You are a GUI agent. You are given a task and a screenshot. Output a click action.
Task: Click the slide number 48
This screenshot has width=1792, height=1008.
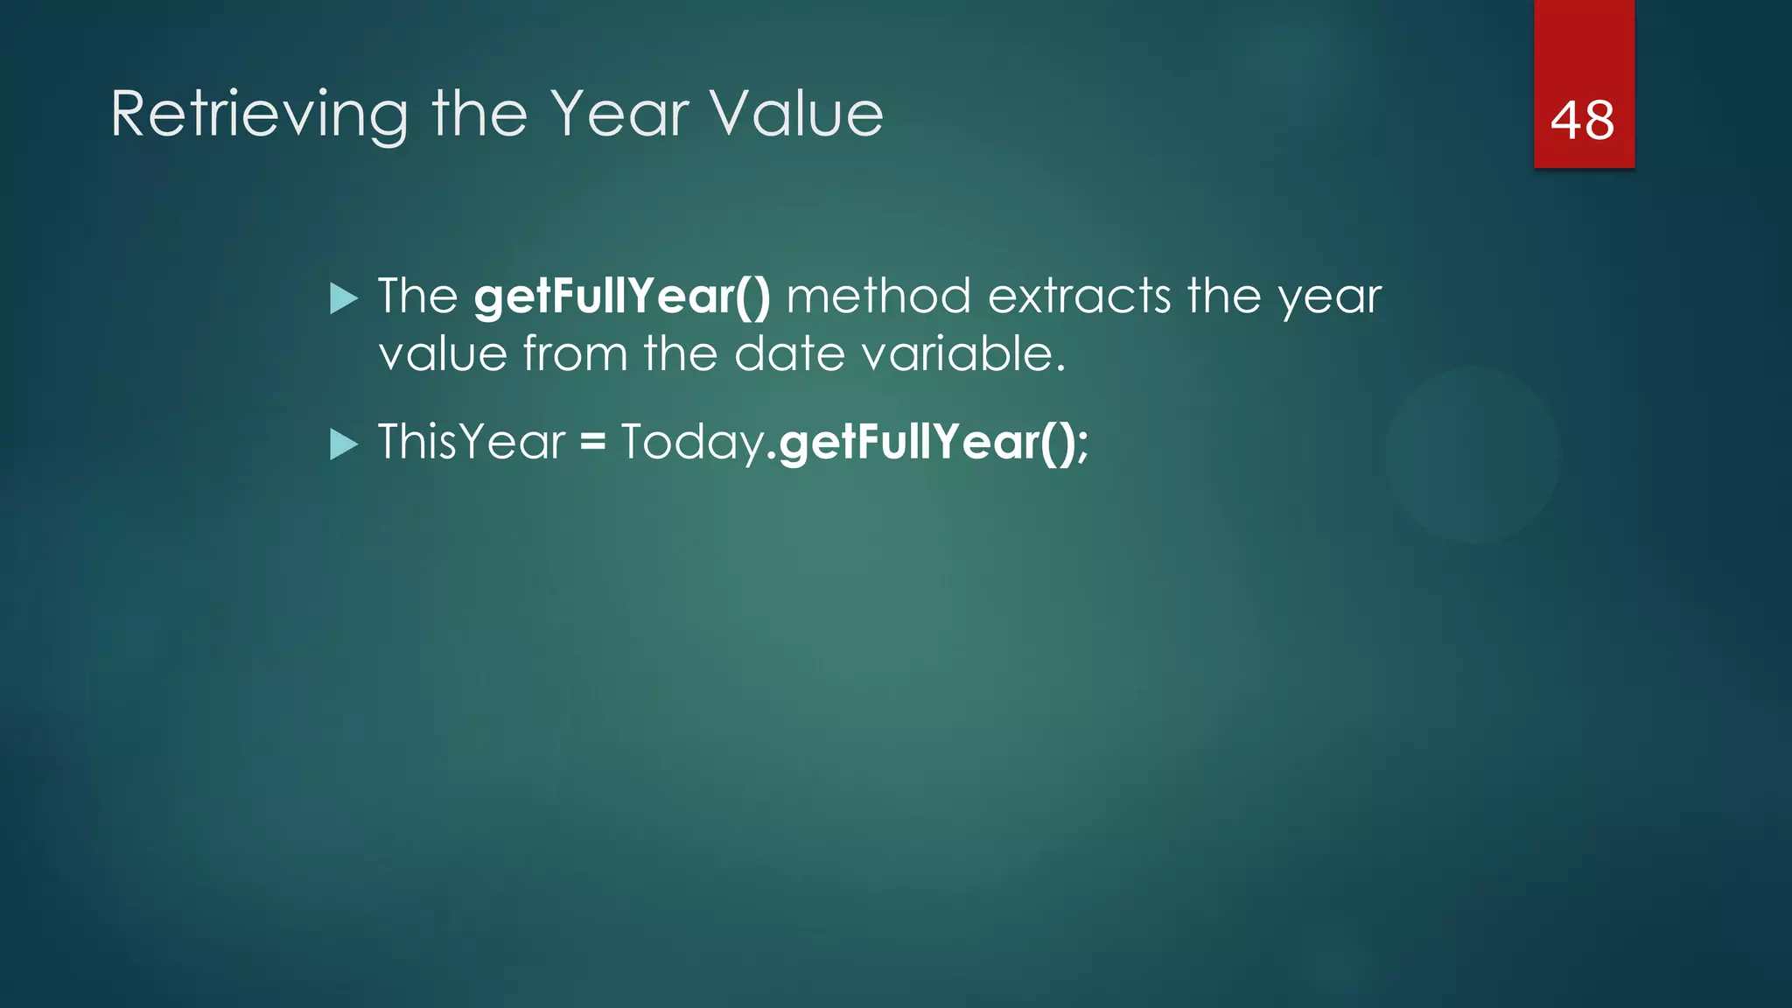coord(1582,120)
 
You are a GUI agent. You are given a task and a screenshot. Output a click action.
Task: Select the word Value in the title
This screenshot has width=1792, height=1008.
coord(796,114)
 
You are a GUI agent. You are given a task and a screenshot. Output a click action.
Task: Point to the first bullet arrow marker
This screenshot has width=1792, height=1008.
coord(344,299)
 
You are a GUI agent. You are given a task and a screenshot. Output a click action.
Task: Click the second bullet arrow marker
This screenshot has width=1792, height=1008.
coord(344,444)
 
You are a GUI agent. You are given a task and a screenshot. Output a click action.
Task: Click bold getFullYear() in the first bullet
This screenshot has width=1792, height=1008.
coord(622,297)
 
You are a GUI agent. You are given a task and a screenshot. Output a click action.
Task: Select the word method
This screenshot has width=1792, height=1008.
coord(878,296)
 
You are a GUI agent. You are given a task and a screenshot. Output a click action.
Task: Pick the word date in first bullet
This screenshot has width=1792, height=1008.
coord(788,354)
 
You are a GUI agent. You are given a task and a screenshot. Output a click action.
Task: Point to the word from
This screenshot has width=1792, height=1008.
coord(575,354)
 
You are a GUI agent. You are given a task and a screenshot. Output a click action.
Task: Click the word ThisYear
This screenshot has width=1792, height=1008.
coord(472,442)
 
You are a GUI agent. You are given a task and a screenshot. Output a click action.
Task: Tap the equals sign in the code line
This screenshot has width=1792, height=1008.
coord(592,442)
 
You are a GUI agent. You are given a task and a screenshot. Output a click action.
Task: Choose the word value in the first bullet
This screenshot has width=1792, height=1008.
coord(443,354)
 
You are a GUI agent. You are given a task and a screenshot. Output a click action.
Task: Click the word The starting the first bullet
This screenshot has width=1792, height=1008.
coord(417,296)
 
